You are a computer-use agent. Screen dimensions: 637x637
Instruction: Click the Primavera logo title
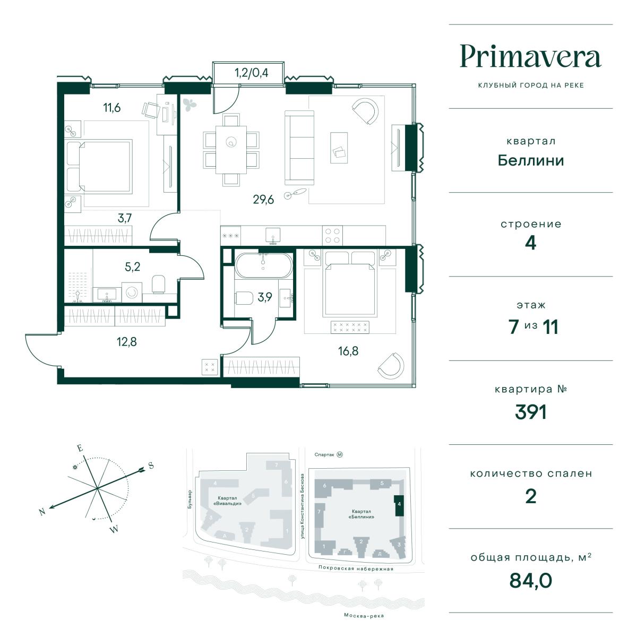530,56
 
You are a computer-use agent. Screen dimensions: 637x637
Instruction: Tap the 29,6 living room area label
263,200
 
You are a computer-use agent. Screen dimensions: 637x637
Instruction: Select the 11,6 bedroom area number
111,108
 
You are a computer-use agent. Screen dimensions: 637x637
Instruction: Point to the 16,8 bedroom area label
348,351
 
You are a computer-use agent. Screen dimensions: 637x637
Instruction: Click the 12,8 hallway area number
127,342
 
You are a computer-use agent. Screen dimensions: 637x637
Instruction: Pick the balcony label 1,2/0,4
252,73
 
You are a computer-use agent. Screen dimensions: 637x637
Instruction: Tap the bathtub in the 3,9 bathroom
263,265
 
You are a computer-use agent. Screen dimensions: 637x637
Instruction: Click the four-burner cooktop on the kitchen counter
332,235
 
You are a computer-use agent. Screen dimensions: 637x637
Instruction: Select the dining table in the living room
231,150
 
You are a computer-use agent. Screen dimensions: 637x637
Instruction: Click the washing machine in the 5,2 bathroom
132,292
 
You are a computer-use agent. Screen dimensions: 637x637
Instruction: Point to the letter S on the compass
151,466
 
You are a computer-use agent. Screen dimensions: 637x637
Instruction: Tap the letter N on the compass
42,512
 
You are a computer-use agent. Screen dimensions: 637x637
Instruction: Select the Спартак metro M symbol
340,455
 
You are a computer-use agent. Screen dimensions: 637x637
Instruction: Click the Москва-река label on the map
364,616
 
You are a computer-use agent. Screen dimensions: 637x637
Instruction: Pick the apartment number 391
530,412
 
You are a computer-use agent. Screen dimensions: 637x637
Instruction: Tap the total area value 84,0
530,581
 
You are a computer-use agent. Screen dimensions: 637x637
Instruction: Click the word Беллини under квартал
530,161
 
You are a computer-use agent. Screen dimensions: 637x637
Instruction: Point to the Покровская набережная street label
356,568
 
